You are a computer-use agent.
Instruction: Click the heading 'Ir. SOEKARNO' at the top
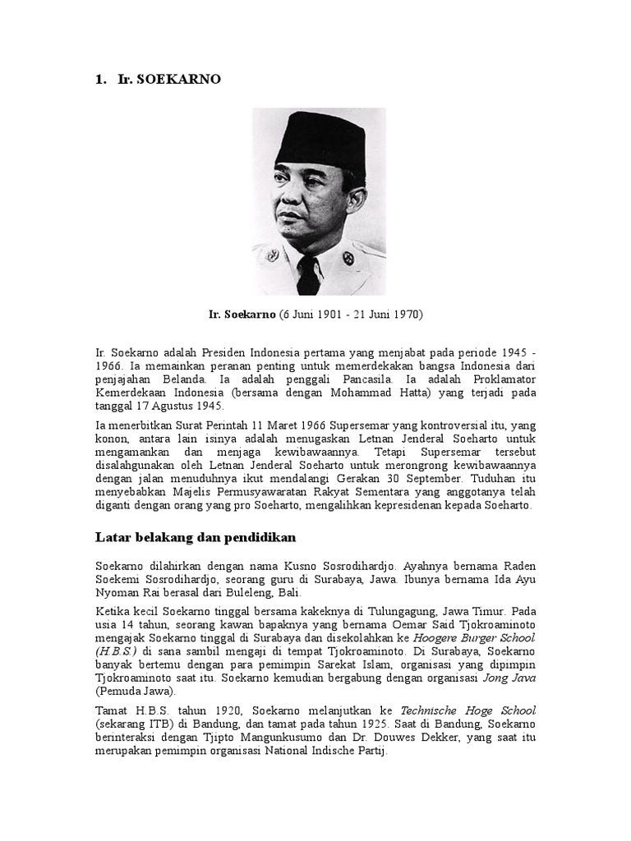[169, 80]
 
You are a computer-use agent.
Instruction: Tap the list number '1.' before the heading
[102, 80]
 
